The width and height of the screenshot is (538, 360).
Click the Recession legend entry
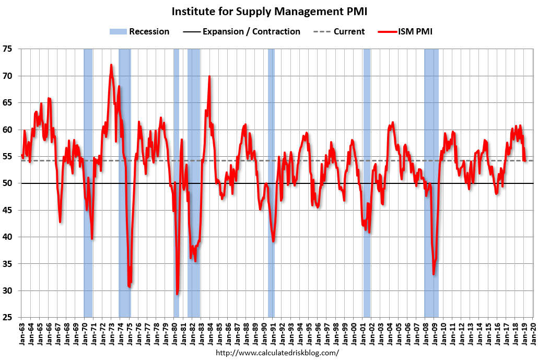[x=139, y=31]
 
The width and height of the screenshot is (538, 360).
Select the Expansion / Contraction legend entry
[x=241, y=31]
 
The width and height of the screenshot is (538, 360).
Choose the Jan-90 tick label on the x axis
[x=263, y=332]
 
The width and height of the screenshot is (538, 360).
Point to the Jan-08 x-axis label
[x=425, y=332]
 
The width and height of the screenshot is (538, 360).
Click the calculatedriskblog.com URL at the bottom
[x=277, y=353]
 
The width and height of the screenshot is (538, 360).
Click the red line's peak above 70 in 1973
[x=111, y=65]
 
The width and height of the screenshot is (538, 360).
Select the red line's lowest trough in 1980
[x=178, y=294]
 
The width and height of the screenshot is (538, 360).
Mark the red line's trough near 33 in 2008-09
[x=434, y=274]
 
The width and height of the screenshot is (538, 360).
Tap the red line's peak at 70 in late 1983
[x=209, y=76]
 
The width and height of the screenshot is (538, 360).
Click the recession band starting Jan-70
[x=88, y=183]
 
